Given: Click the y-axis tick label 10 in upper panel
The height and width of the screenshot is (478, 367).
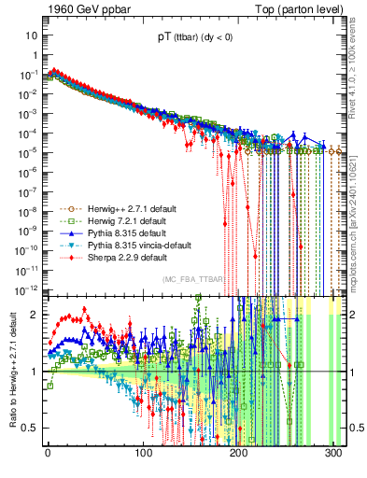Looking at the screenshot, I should (x=32, y=35).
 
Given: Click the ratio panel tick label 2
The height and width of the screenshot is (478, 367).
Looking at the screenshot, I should (x=35, y=316).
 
